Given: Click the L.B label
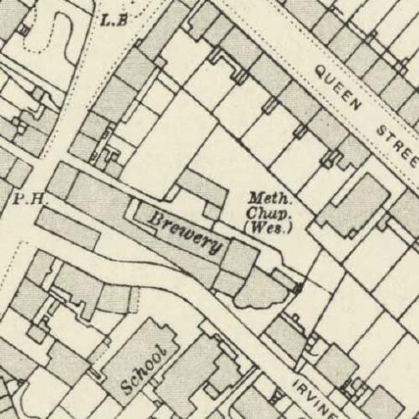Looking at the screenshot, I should point(114,20).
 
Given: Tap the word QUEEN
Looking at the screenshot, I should point(339,88).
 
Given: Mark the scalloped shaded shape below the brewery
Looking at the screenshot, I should point(260,289).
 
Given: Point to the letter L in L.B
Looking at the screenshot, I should point(106,19).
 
